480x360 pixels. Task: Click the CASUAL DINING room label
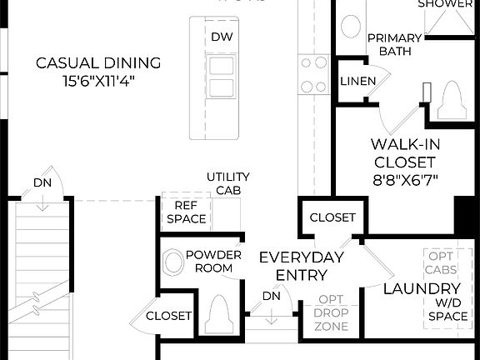(x=98, y=62)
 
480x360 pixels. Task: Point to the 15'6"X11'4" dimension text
(x=98, y=81)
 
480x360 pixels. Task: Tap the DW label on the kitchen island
(x=221, y=37)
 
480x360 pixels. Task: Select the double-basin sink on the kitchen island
(x=221, y=78)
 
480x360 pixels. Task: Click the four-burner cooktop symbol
(x=314, y=73)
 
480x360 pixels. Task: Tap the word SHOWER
(x=444, y=4)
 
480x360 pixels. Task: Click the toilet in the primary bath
(x=451, y=100)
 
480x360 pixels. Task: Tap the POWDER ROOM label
(x=213, y=261)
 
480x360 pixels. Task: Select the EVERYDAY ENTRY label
(x=300, y=266)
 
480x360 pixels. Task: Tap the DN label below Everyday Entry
(x=271, y=296)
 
